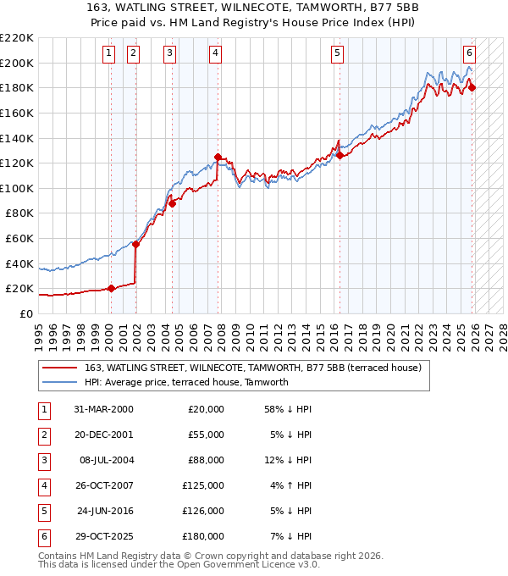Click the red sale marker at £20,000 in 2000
coord(111,288)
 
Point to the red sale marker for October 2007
coord(218,157)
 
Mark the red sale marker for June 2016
coord(340,155)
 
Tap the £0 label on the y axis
coord(25,313)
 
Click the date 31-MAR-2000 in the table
coord(103,409)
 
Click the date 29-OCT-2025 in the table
coord(103,535)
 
